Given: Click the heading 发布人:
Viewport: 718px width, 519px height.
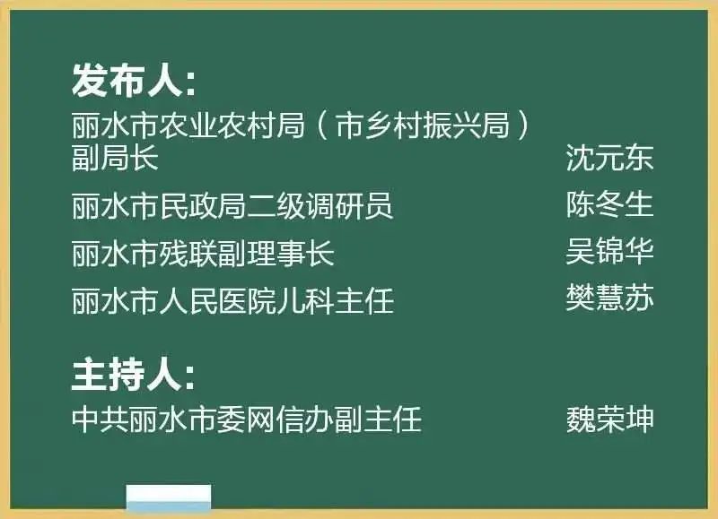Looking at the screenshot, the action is tap(134, 80).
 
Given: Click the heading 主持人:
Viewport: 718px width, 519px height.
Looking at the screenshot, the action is tap(134, 374).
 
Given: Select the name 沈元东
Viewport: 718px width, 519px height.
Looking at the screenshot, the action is tap(609, 158).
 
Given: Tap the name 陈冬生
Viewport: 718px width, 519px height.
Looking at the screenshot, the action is tap(609, 204).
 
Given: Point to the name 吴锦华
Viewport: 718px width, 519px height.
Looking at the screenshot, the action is tap(609, 251).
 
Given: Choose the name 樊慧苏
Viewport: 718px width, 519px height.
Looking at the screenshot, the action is tap(609, 298).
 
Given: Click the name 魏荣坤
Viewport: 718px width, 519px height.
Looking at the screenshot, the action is tap(609, 419).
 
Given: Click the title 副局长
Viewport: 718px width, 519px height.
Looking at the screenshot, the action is tap(115, 158).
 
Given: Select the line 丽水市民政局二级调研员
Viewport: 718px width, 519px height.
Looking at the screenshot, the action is tap(232, 206).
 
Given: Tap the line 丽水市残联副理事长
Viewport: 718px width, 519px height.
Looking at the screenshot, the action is tap(203, 253).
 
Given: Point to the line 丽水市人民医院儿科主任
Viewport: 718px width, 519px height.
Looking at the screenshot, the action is tap(232, 300).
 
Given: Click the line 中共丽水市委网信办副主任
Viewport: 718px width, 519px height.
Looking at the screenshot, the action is tap(246, 419).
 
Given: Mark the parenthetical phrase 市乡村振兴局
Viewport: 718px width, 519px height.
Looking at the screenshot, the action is tap(422, 125).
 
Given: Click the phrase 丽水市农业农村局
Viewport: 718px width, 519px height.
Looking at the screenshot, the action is tap(188, 125).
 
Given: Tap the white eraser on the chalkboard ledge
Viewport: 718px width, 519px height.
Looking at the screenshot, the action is tap(169, 497).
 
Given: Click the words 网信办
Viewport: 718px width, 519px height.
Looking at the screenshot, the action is tap(290, 419).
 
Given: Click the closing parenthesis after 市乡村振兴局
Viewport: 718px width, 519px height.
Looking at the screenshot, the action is tap(522, 125).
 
